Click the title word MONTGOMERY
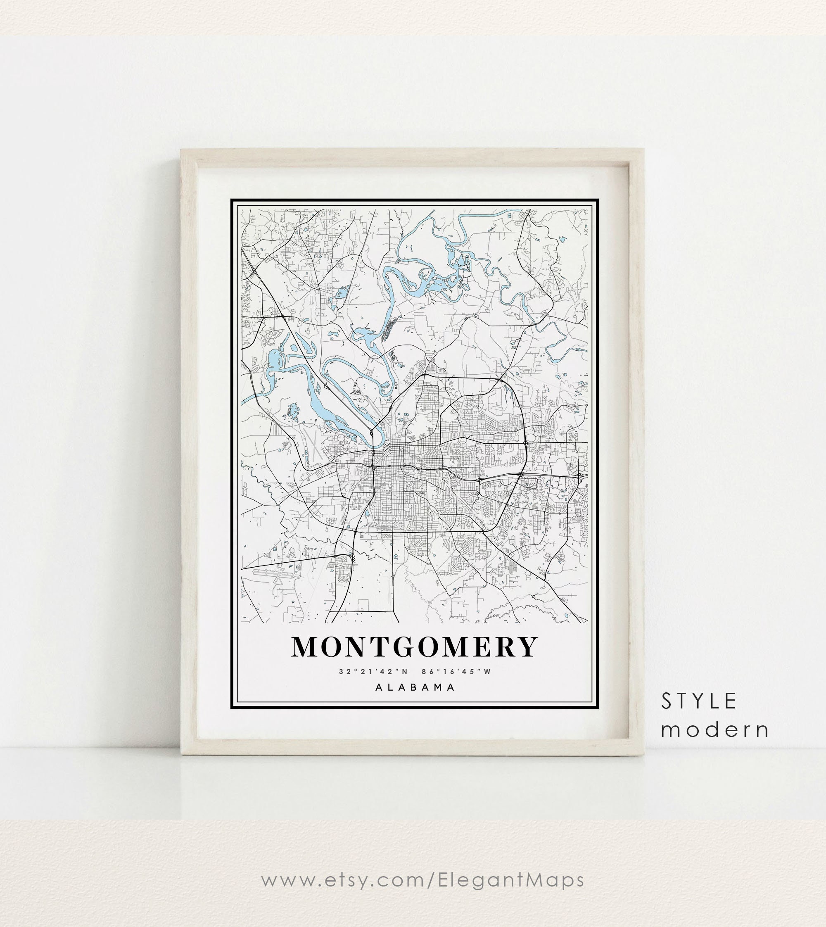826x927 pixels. (x=414, y=647)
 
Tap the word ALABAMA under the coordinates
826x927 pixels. (x=415, y=687)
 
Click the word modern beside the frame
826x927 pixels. (x=715, y=730)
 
